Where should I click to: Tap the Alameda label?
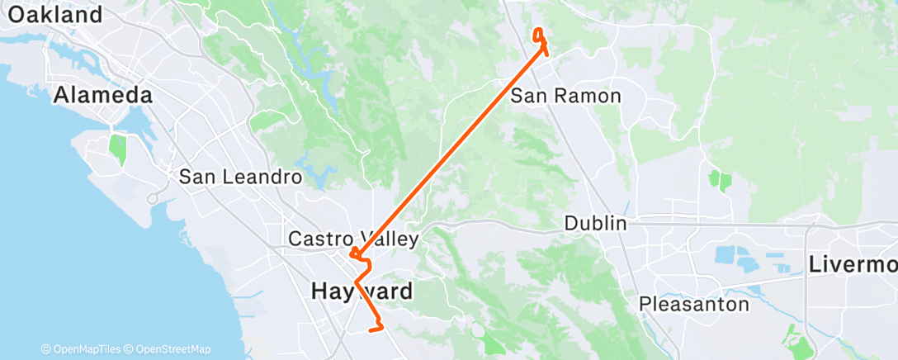coord(103,96)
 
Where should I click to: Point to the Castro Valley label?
coord(353,239)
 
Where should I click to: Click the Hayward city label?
coord(362,291)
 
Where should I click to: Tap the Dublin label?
coord(596,224)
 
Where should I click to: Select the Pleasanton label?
coord(694,305)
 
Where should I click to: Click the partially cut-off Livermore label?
coord(853,265)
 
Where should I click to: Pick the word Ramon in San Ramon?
coord(593,96)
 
